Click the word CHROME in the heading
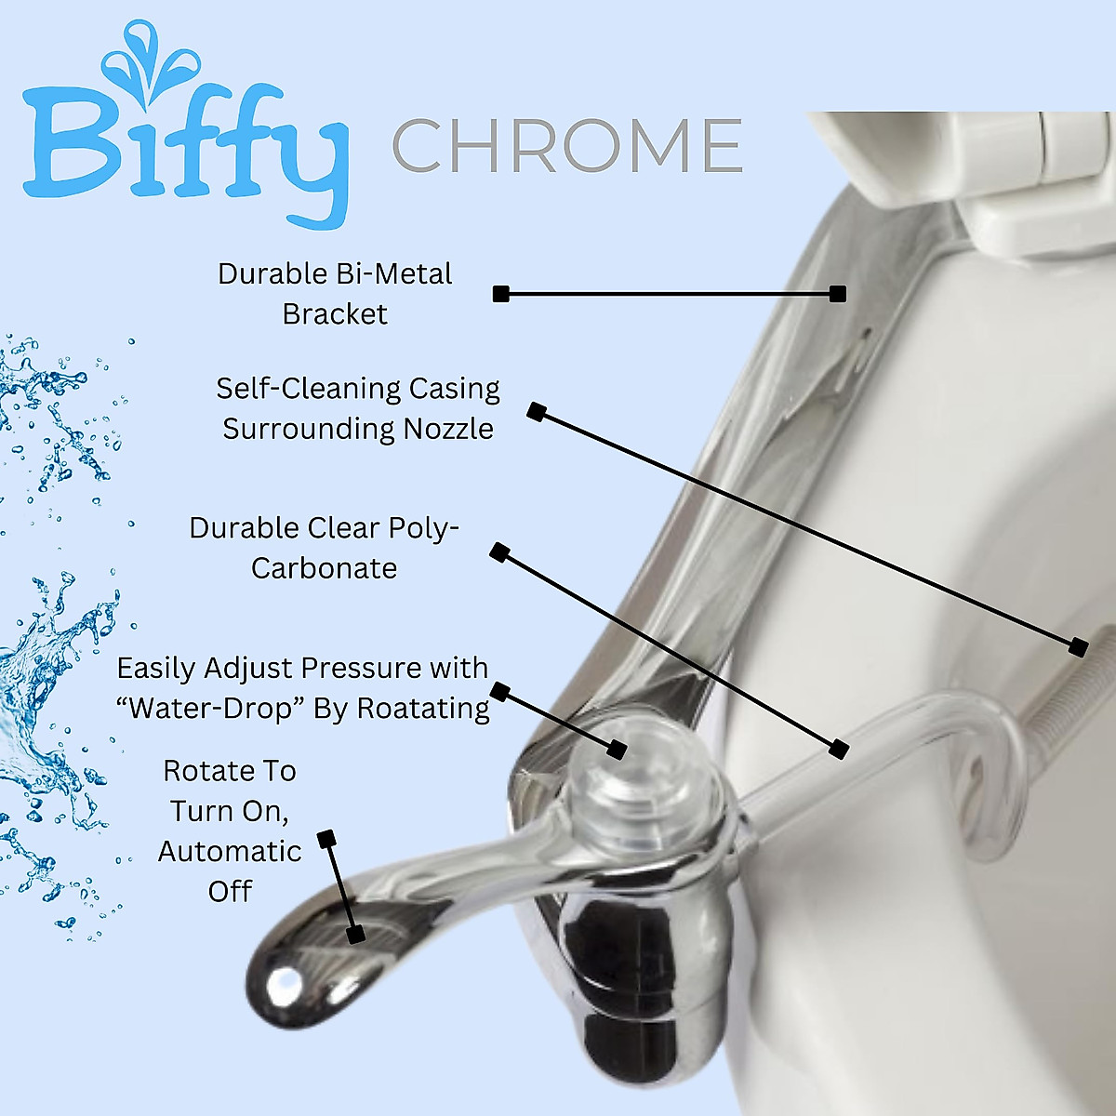tap(566, 146)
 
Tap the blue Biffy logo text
tap(186, 149)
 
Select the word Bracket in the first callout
tap(335, 314)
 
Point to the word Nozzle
tap(448, 429)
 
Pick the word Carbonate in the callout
tap(324, 568)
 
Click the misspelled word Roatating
tap(423, 709)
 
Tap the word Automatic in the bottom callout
tap(230, 852)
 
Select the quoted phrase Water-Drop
tap(210, 709)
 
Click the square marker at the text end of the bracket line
tap(501, 294)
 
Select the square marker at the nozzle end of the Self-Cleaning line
tap(1078, 646)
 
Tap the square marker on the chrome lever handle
tap(354, 935)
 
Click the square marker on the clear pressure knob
tap(616, 749)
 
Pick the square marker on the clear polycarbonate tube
tap(839, 749)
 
